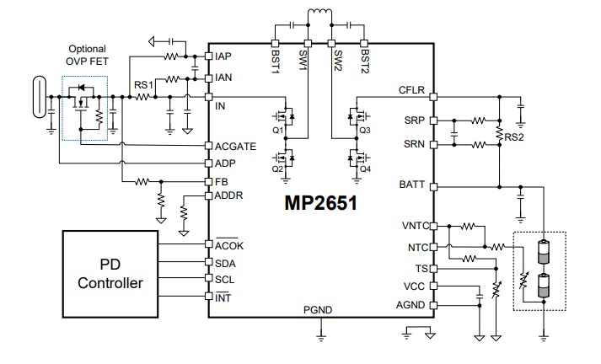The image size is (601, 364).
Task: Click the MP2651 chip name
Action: pos(319,204)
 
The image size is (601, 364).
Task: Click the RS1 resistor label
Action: pos(143,85)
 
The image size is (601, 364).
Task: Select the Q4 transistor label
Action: pos(364,169)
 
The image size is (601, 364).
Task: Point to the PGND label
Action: pos(320,309)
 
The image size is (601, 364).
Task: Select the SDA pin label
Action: pos(225,263)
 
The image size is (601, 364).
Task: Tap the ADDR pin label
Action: pos(229,196)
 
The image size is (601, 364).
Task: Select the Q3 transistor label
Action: pos(364,131)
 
